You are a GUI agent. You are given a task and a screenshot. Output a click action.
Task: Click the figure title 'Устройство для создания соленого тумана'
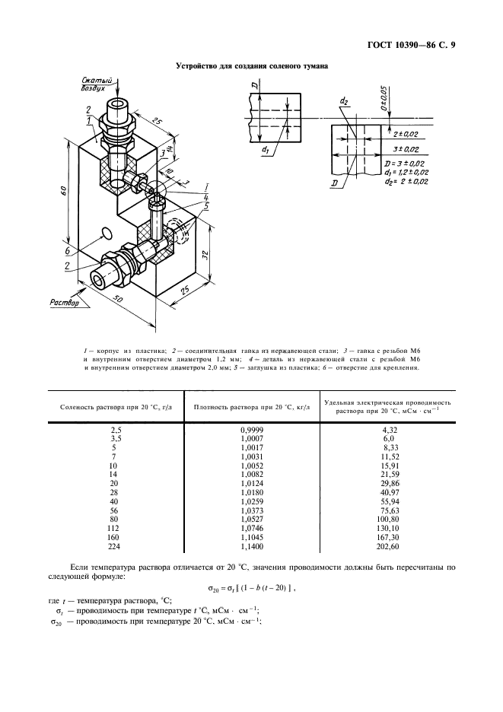tap(251, 66)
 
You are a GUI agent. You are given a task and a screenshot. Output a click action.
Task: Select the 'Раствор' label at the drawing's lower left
tap(65, 303)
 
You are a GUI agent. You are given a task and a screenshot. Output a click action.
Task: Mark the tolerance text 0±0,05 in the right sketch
tap(384, 99)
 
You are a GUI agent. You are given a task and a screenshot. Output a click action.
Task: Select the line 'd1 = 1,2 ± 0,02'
tap(408, 173)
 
